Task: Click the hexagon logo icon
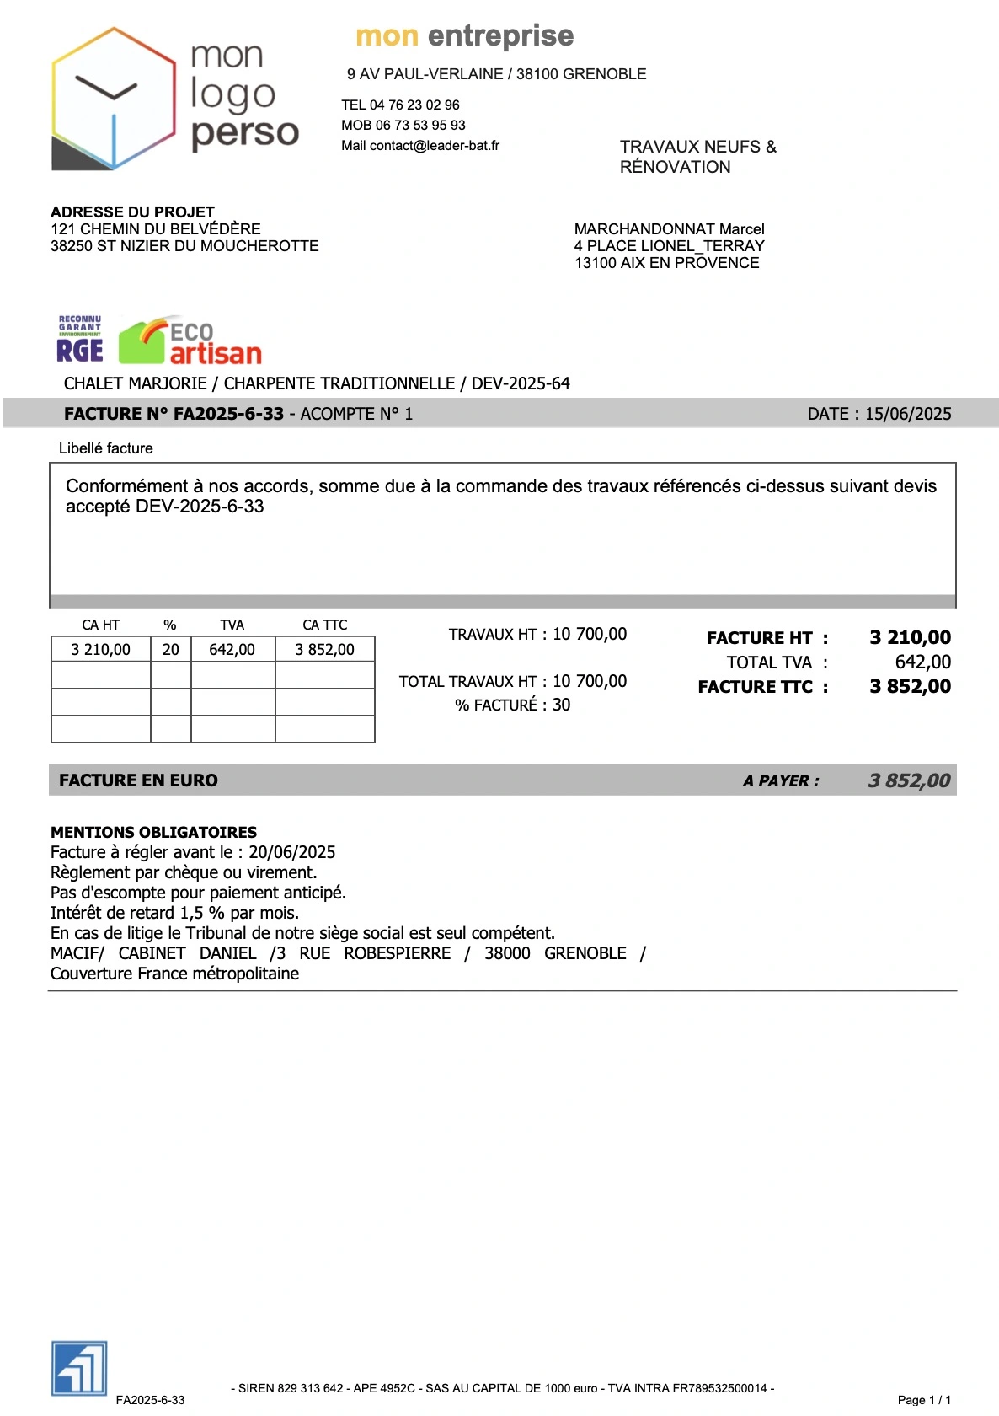pyautogui.click(x=113, y=99)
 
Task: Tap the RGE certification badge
pyautogui.click(x=80, y=340)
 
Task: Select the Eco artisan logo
pyautogui.click(x=190, y=342)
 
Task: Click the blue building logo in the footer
pyautogui.click(x=79, y=1367)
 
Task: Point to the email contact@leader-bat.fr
pyautogui.click(x=434, y=146)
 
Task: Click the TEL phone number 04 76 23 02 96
pyautogui.click(x=414, y=105)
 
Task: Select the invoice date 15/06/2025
pyautogui.click(x=908, y=414)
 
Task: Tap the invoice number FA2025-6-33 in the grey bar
pyautogui.click(x=228, y=414)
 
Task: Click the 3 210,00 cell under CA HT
pyautogui.click(x=101, y=650)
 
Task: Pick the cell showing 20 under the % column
pyautogui.click(x=171, y=650)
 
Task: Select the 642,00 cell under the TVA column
pyautogui.click(x=232, y=650)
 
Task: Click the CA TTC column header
pyautogui.click(x=325, y=625)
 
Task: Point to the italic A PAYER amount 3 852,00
pyautogui.click(x=909, y=781)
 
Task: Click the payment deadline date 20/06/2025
pyautogui.click(x=291, y=852)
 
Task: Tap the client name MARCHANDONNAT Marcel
pyautogui.click(x=669, y=229)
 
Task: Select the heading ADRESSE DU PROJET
pyautogui.click(x=132, y=212)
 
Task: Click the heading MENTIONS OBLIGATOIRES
pyautogui.click(x=153, y=832)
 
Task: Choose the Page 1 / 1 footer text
pyautogui.click(x=924, y=1400)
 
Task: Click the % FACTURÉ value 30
pyautogui.click(x=562, y=705)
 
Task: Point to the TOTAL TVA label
pyautogui.click(x=769, y=662)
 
